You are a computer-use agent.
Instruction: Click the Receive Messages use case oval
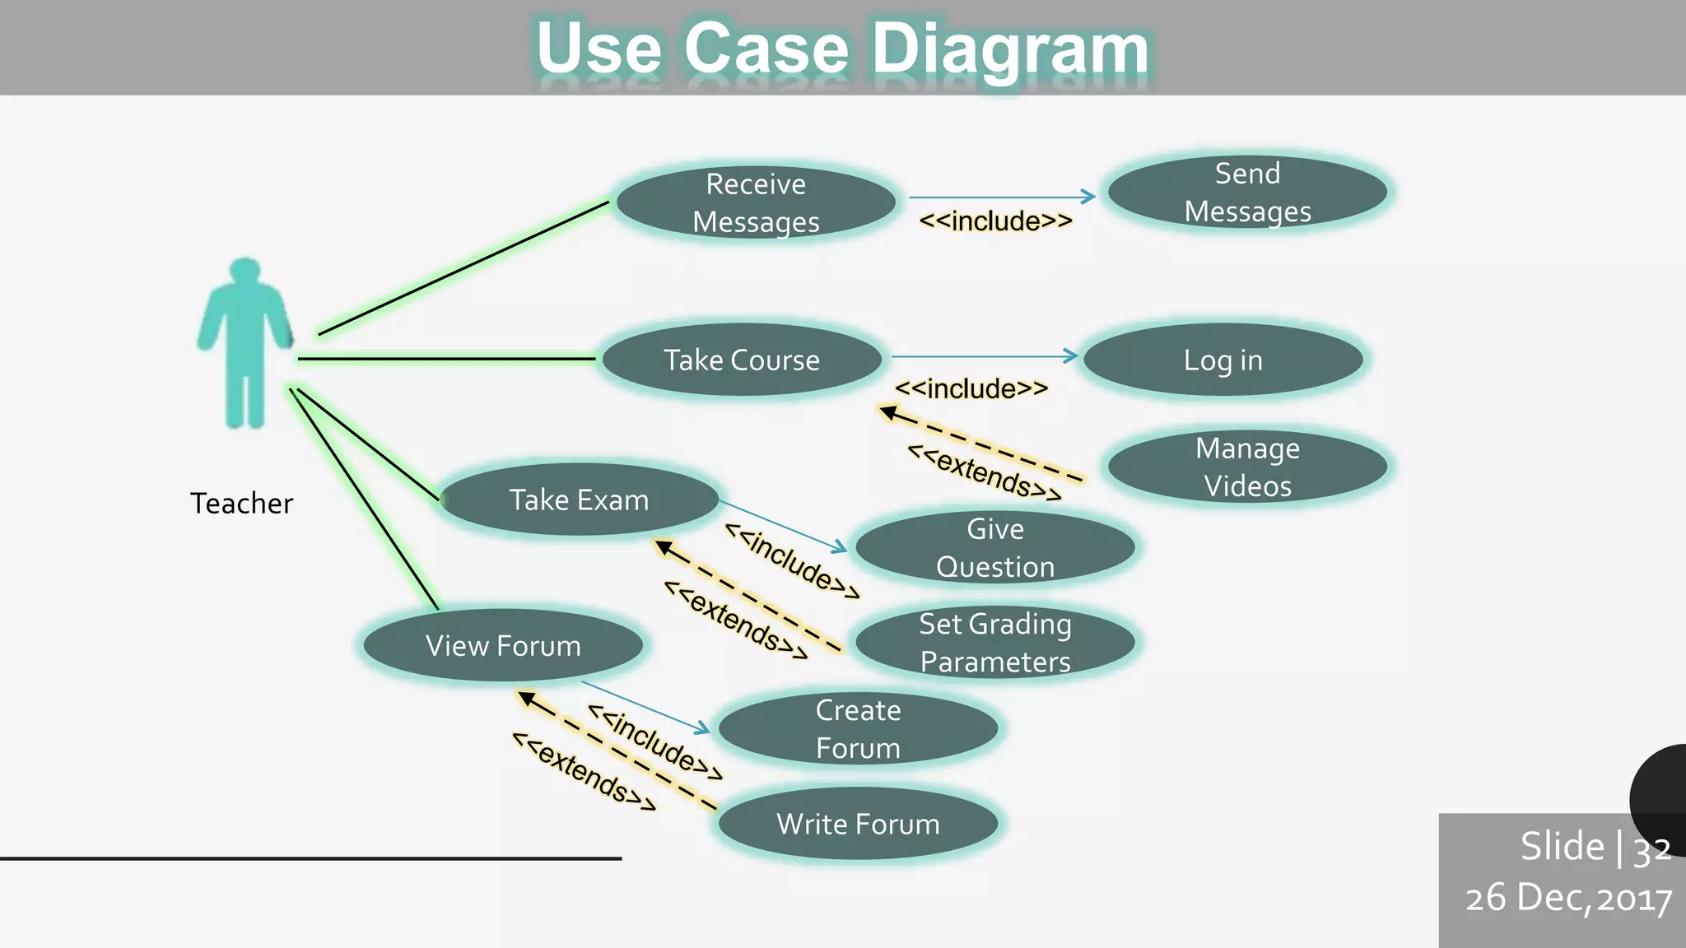click(756, 202)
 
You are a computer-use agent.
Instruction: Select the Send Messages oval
click(1247, 193)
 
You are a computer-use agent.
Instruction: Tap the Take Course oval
click(741, 360)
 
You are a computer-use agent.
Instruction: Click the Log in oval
click(1223, 360)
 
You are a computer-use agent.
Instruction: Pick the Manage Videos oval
click(1247, 467)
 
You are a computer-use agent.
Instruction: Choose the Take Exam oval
click(579, 500)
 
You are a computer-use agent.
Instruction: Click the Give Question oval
click(995, 547)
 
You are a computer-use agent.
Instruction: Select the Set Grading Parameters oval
click(995, 643)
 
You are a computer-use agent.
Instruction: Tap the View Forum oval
click(503, 645)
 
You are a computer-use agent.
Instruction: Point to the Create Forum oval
click(858, 729)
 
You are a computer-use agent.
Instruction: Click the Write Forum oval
click(858, 824)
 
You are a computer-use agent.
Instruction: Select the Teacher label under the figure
click(241, 503)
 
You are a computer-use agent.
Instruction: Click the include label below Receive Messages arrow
click(995, 221)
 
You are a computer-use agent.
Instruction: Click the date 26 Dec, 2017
click(1568, 898)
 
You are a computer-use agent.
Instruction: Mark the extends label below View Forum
click(584, 772)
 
